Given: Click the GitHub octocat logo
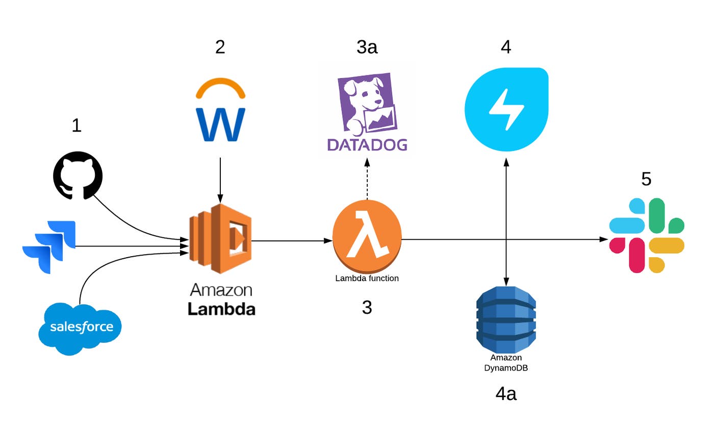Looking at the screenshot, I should click(78, 176).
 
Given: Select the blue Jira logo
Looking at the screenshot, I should click(49, 246).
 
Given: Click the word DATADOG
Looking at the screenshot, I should click(367, 144).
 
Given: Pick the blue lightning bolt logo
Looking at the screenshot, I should click(506, 109).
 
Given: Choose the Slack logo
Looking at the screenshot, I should click(647, 235).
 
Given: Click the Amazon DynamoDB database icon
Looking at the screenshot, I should click(506, 319).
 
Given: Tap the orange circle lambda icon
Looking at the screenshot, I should click(367, 237).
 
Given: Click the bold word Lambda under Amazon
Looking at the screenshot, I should click(221, 309).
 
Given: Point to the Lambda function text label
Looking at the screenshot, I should click(367, 279).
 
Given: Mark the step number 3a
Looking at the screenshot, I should click(367, 47).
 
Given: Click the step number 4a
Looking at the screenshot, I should click(506, 393).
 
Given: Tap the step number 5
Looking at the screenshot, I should click(646, 179).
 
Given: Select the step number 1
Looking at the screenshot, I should click(76, 125).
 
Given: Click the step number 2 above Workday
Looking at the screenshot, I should click(220, 47).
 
